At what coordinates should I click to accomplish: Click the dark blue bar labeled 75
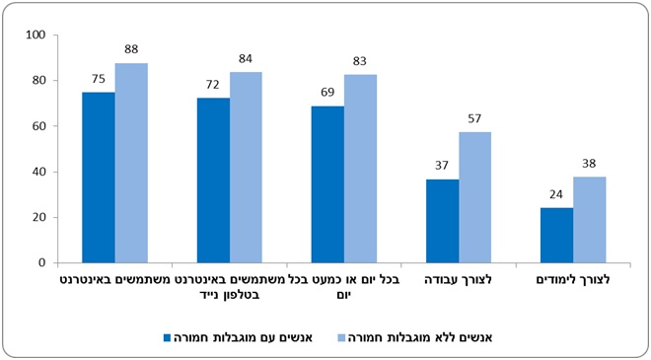(99, 178)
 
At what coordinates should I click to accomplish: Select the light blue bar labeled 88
(131, 163)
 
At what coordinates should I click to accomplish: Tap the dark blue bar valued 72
(213, 180)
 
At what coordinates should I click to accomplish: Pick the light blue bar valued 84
(246, 168)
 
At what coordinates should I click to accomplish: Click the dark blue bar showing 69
(327, 184)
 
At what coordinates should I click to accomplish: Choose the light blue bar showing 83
(360, 169)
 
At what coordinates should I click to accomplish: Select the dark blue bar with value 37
(443, 221)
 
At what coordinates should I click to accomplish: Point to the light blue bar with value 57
(475, 197)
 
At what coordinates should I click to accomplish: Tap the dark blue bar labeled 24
(556, 236)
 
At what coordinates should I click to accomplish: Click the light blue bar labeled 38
(590, 220)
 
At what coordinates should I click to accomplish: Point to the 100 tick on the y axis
(36, 35)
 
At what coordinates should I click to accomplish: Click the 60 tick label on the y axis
(38, 126)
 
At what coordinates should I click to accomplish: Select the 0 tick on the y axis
(41, 262)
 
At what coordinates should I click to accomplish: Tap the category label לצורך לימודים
(573, 280)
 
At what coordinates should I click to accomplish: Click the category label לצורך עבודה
(459, 280)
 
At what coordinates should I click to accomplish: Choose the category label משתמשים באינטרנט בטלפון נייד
(230, 287)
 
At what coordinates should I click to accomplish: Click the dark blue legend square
(168, 337)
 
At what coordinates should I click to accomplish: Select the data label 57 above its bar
(474, 118)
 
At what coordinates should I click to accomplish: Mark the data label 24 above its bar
(556, 194)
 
